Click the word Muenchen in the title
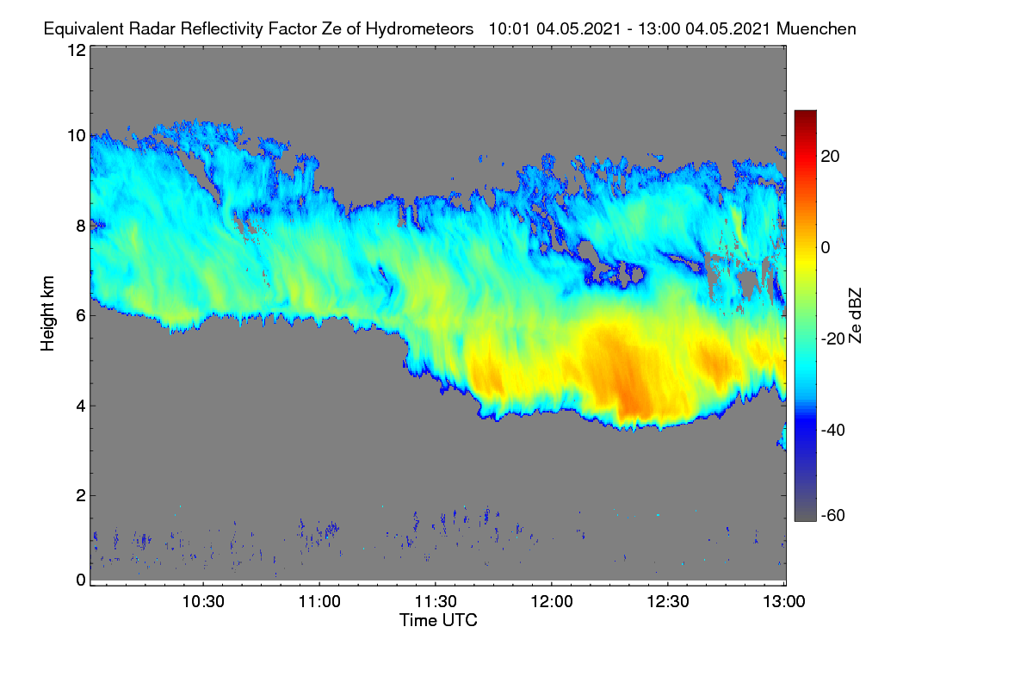point(816,28)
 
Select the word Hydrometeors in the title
point(419,29)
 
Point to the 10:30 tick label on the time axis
point(203,601)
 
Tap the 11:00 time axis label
point(319,601)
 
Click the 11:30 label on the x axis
point(436,601)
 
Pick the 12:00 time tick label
point(552,601)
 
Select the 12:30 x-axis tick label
point(668,601)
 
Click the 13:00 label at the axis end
point(784,601)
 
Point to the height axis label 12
point(77,50)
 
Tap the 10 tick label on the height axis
point(77,136)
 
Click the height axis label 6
point(81,316)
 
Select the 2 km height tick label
point(81,495)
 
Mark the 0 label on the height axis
point(81,580)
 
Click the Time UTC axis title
point(438,620)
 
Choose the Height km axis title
point(47,313)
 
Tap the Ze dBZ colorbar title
point(855,316)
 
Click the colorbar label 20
point(830,157)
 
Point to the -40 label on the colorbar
point(833,430)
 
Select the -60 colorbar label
point(833,515)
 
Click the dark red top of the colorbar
point(805,115)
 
